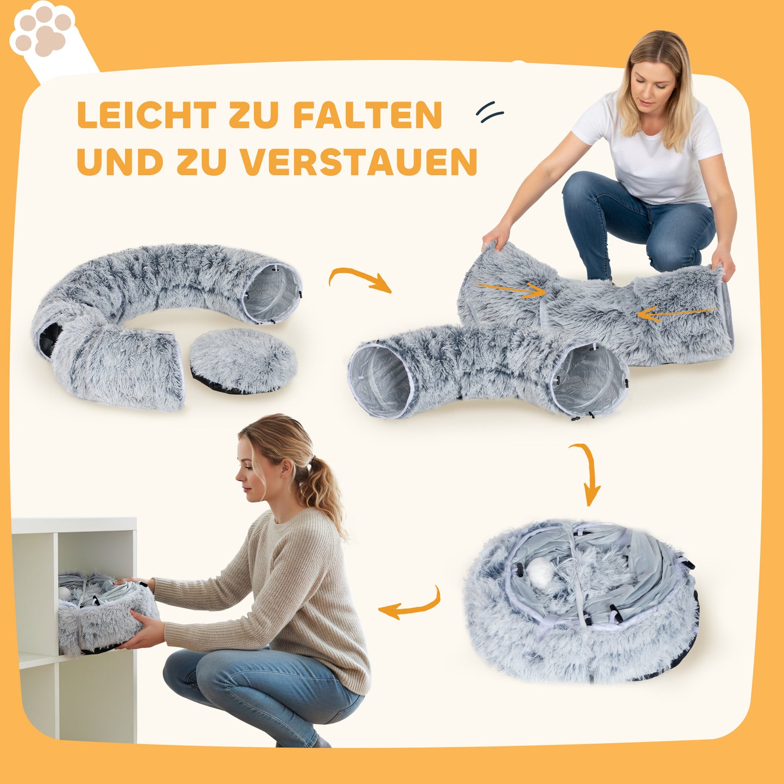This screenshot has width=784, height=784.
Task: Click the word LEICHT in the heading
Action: point(146,115)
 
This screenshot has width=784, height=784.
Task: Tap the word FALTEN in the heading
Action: point(368,115)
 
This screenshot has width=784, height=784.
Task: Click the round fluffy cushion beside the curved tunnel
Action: point(243,360)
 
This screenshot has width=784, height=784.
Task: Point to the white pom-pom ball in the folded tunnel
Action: point(539,572)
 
